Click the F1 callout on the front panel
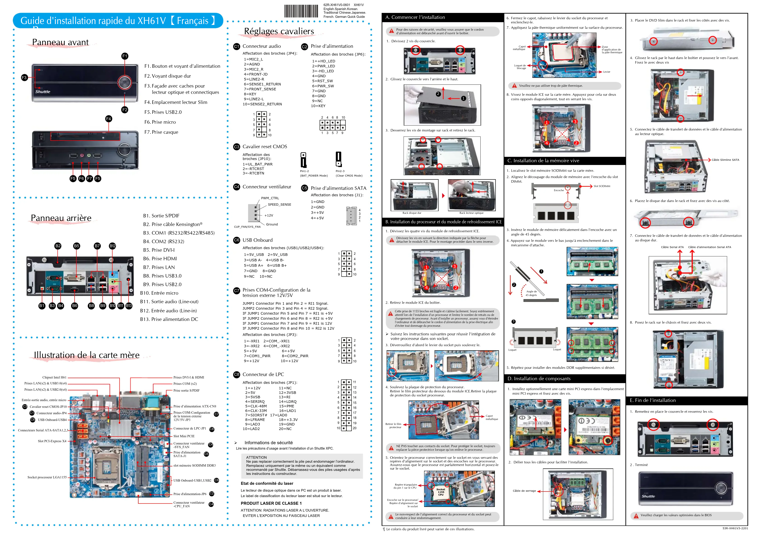(125, 56)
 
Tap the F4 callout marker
(108, 119)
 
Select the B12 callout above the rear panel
(112, 246)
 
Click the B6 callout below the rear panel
(75, 306)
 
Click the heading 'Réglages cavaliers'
(279, 31)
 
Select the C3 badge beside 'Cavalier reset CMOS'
(236, 147)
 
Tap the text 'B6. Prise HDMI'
(160, 259)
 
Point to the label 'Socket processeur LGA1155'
(47, 477)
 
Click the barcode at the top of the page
(301, 11)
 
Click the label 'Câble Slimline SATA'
(725, 160)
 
